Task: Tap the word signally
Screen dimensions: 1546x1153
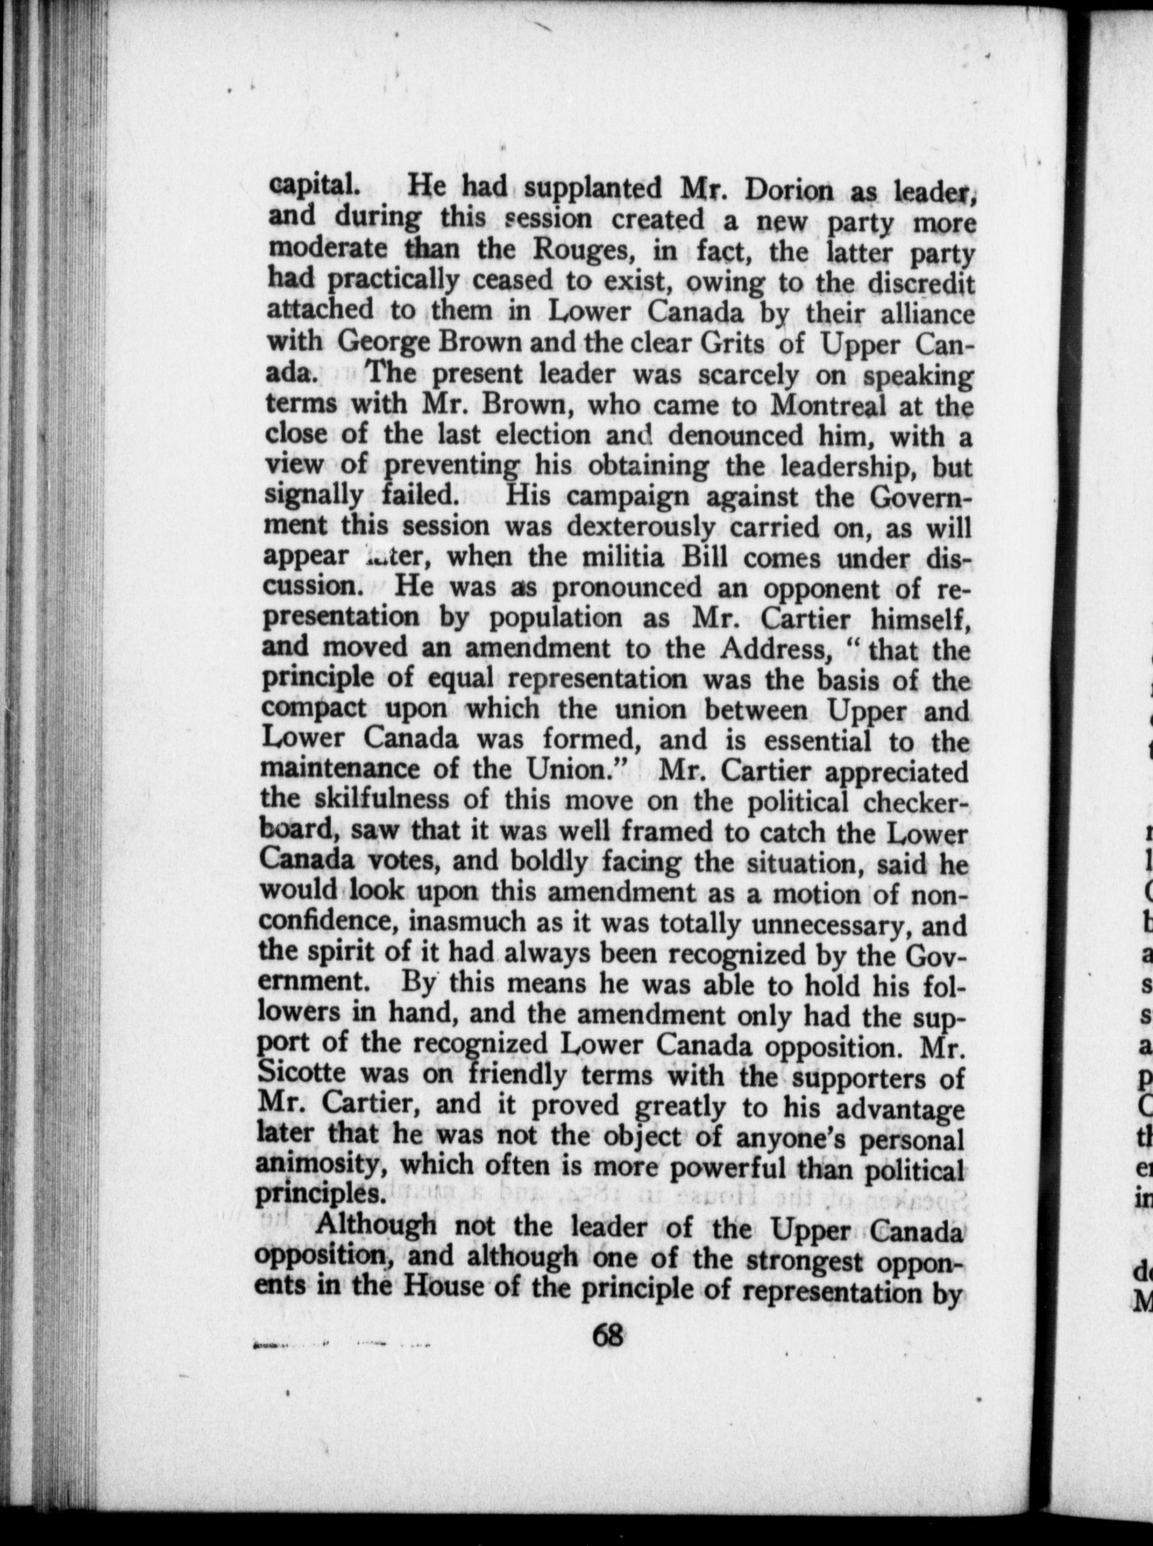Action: (x=313, y=496)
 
